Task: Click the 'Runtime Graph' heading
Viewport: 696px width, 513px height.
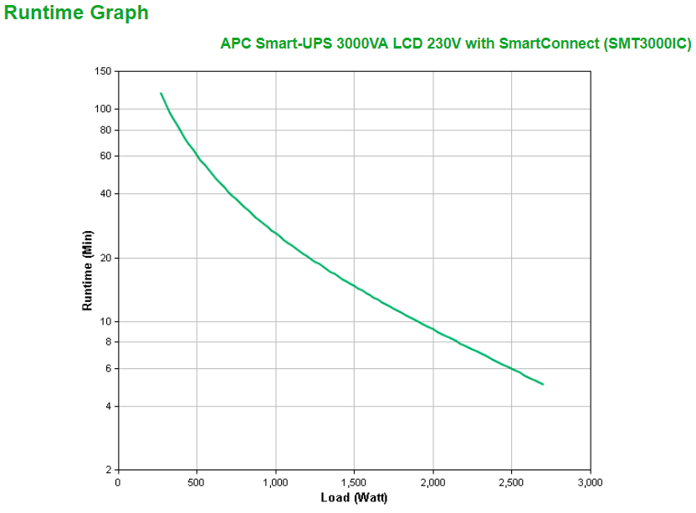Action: point(76,13)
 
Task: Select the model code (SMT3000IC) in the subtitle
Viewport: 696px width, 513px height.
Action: point(647,44)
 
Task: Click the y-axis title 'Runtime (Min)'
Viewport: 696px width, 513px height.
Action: point(87,270)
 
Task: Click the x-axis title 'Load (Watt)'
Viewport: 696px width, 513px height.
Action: point(354,498)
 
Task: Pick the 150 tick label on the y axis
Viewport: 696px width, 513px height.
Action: point(103,72)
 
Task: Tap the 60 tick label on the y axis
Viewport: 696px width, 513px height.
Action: point(105,156)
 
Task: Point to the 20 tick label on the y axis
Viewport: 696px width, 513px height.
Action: point(105,258)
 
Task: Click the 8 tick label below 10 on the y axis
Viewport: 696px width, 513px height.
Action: point(108,341)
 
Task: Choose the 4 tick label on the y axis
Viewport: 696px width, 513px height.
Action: point(108,406)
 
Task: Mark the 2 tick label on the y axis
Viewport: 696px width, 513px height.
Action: point(108,469)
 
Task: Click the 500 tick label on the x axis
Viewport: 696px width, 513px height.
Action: point(197,482)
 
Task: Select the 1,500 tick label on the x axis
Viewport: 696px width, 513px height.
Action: point(354,482)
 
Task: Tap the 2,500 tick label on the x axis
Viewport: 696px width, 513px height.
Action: point(511,482)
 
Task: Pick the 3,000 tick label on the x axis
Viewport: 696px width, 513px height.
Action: point(590,482)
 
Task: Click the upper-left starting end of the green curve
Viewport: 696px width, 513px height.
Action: point(161,93)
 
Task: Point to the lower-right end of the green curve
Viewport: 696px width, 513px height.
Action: point(544,384)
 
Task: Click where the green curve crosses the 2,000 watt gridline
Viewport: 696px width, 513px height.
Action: point(432,329)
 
